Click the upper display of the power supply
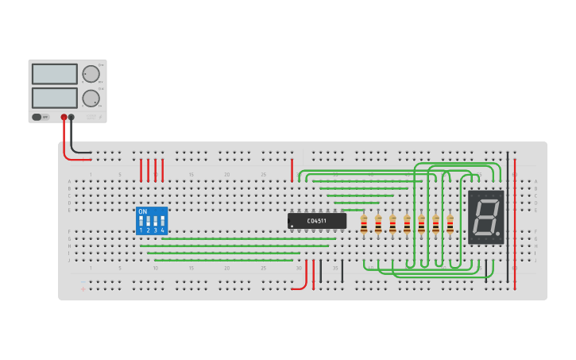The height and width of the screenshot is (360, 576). click(x=55, y=74)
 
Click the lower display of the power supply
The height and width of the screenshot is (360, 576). click(x=55, y=98)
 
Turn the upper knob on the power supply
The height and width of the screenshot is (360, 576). click(x=91, y=74)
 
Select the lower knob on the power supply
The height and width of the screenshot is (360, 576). click(x=91, y=99)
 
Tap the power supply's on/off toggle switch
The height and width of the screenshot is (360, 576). click(x=37, y=117)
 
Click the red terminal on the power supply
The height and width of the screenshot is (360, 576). click(x=64, y=117)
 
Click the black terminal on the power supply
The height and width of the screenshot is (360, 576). click(x=72, y=117)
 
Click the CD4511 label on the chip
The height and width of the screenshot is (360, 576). click(x=317, y=220)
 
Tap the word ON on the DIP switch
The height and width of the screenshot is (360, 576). click(x=143, y=211)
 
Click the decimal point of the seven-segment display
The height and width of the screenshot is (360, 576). click(x=498, y=234)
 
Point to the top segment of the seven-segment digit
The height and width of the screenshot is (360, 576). click(x=486, y=200)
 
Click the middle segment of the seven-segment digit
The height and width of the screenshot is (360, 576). click(x=485, y=216)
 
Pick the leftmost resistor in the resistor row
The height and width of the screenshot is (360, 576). click(x=364, y=225)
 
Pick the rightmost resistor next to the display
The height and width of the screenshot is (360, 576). click(x=450, y=225)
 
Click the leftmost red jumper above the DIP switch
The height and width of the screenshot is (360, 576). click(x=141, y=170)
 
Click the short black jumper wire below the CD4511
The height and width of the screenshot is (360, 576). click(x=342, y=270)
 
